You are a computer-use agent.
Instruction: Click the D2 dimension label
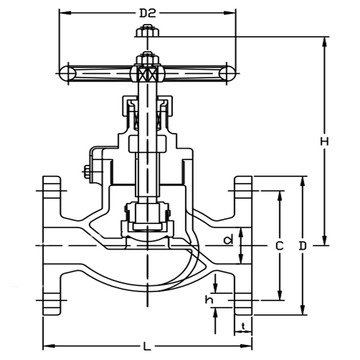[147, 13]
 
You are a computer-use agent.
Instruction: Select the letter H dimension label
[325, 142]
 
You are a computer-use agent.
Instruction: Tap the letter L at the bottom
[148, 346]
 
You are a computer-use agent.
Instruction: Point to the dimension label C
[279, 246]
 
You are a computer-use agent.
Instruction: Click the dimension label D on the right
[303, 246]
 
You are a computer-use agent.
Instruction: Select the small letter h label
[209, 299]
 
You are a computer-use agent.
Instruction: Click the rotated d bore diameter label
[227, 241]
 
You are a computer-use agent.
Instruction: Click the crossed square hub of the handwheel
[147, 74]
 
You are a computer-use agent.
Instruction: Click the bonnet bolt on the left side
[86, 172]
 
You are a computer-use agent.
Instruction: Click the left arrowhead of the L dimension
[46, 346]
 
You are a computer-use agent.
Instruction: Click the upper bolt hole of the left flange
[52, 193]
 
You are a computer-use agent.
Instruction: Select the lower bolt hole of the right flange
[243, 298]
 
